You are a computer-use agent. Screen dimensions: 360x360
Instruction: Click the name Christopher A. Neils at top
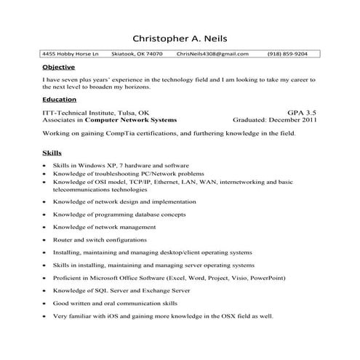point(180,37)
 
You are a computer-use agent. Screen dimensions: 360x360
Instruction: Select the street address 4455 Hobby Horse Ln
point(68,54)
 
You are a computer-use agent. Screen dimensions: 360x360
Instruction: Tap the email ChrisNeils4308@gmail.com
point(212,54)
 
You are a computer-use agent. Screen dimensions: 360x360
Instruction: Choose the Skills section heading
point(51,154)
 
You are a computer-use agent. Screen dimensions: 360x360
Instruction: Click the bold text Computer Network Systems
point(137,121)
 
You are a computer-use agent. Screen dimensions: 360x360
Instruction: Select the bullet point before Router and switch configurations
point(46,239)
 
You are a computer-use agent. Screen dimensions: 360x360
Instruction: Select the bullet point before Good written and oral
point(46,304)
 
